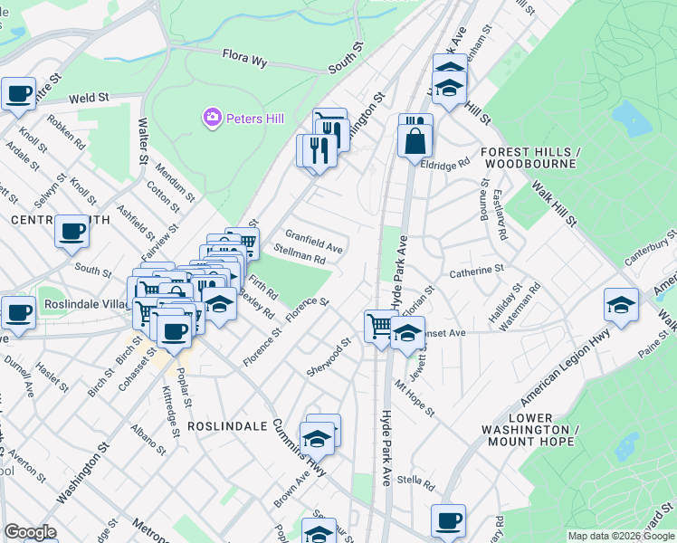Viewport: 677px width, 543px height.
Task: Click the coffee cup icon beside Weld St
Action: coord(17,93)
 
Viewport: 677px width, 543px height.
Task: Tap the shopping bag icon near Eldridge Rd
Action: coord(415,141)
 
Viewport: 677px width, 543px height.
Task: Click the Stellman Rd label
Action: coord(300,258)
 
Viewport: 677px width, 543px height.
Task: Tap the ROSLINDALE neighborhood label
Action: coord(226,424)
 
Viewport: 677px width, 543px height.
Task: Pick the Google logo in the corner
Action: coord(30,532)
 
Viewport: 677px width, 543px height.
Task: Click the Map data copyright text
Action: coord(622,536)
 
